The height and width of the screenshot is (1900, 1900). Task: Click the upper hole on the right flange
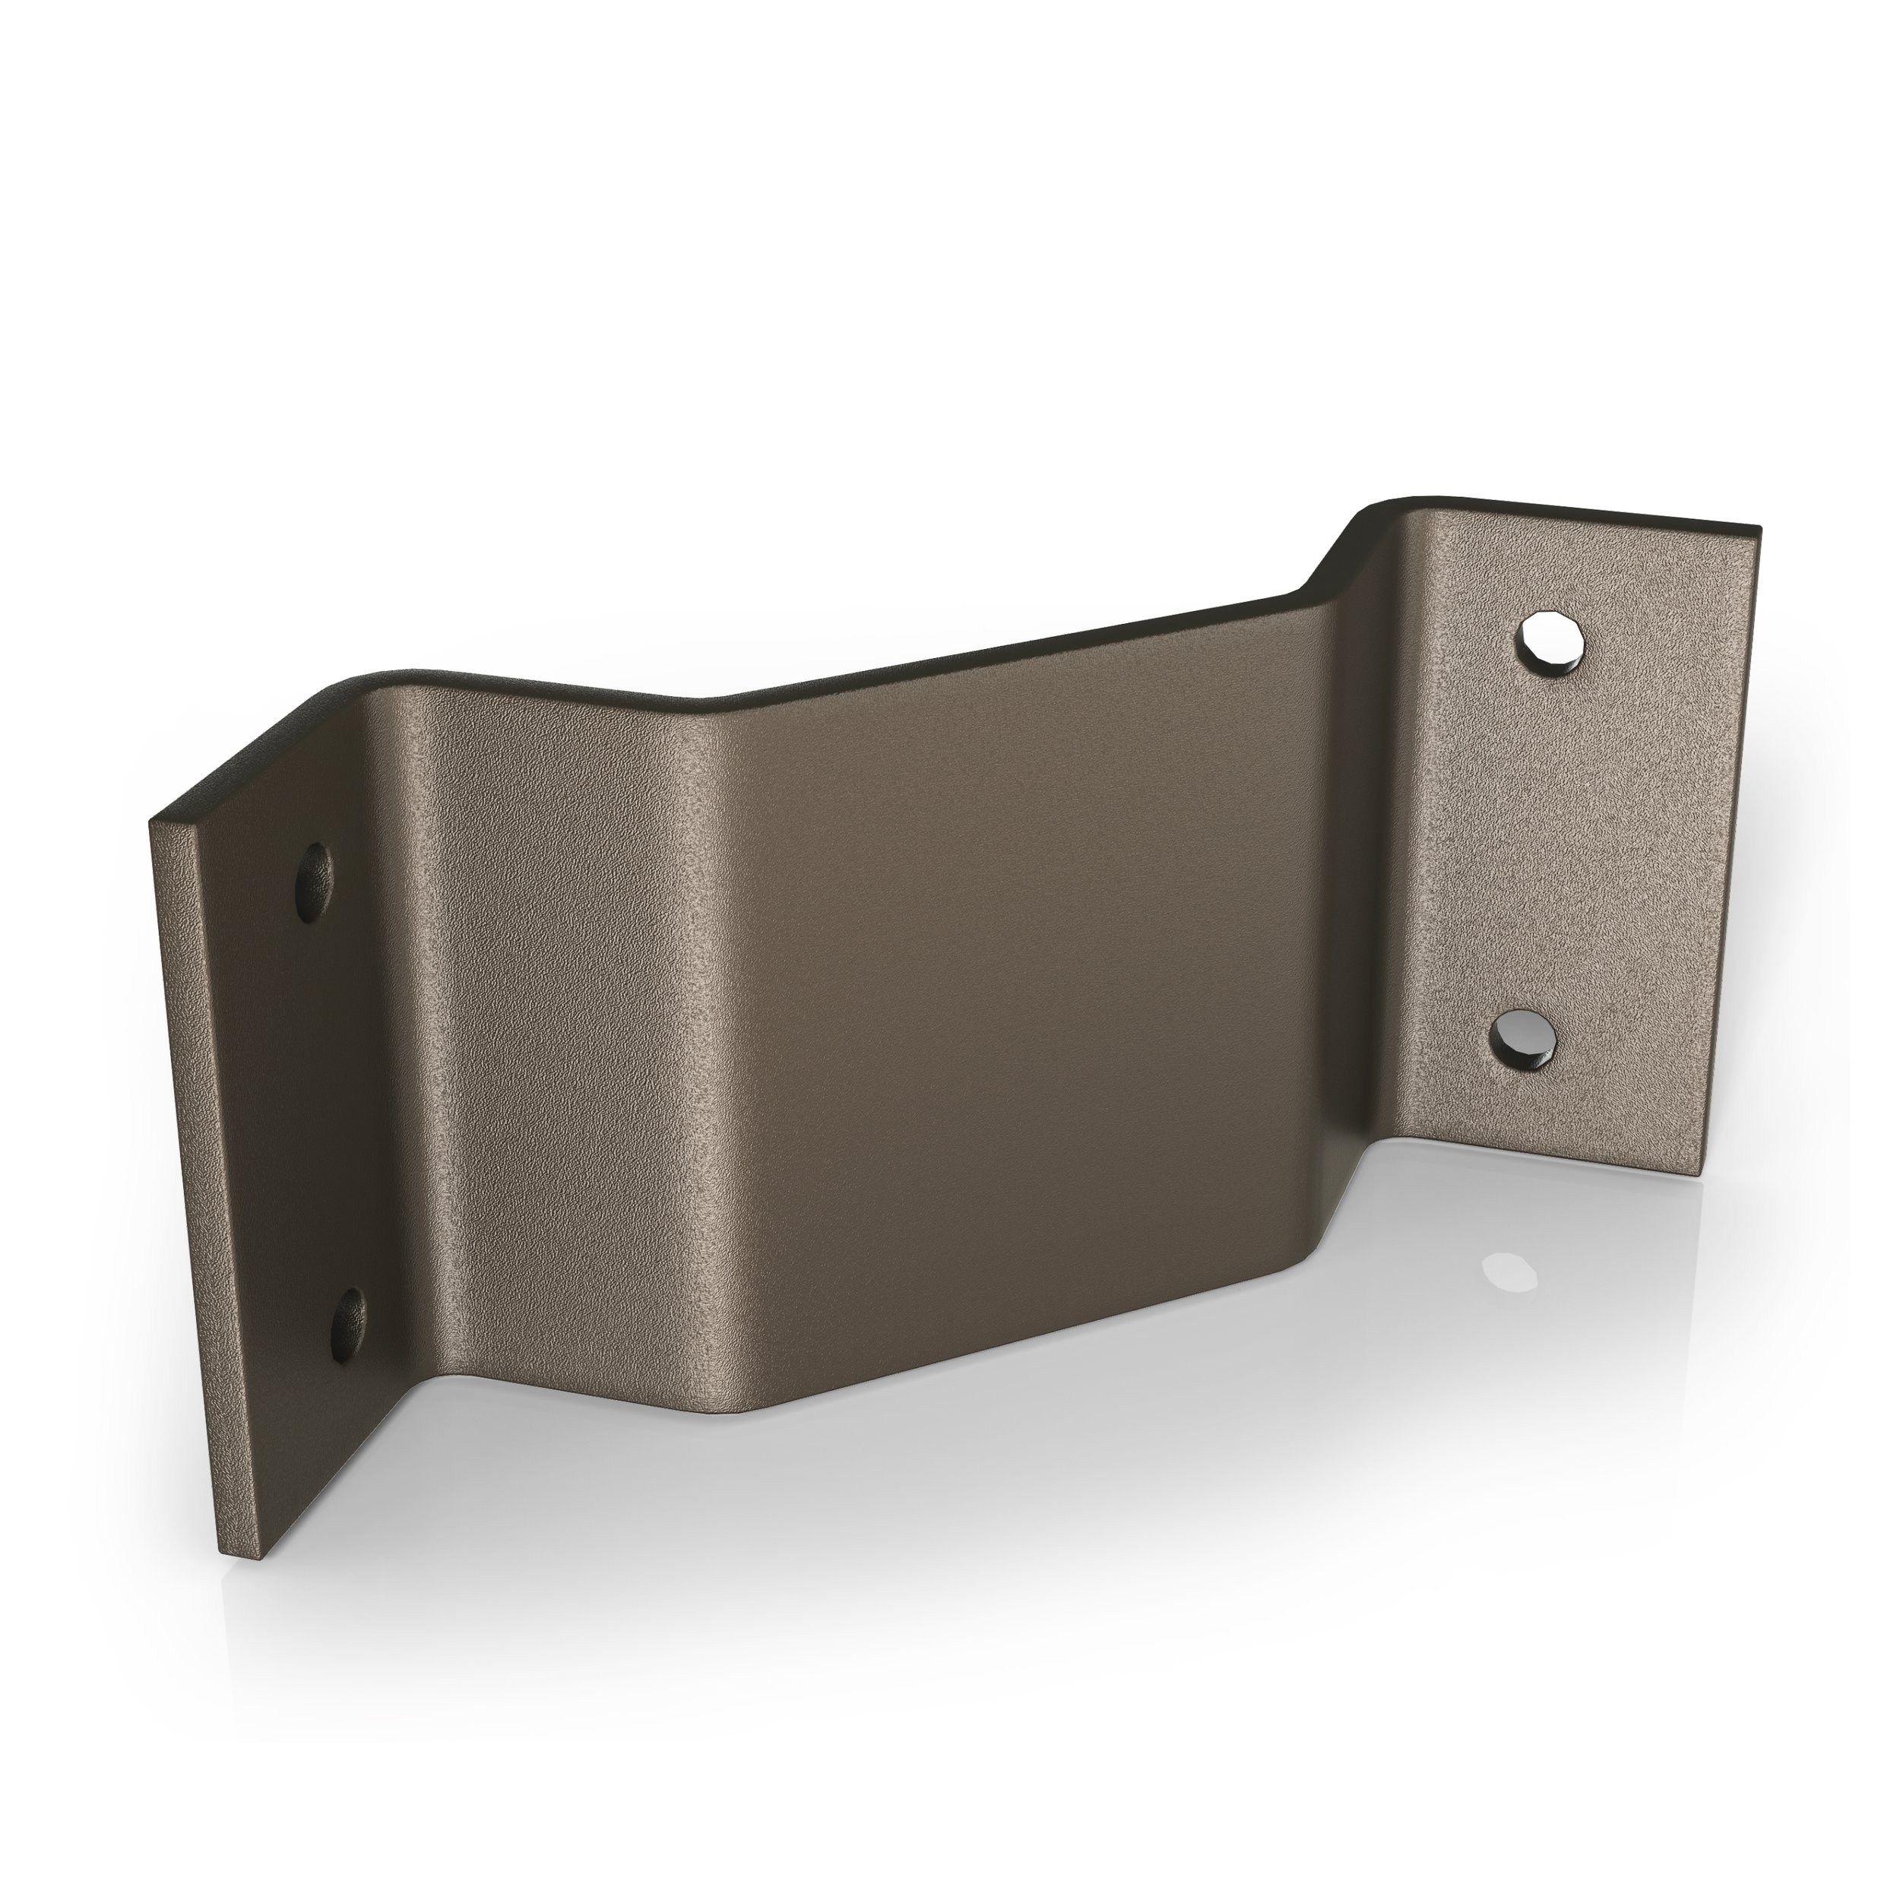(x=1554, y=644)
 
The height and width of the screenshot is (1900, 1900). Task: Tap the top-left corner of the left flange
(x=153, y=790)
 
